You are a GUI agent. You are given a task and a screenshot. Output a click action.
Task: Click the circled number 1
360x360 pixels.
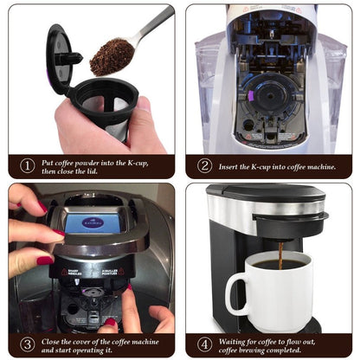pyautogui.click(x=28, y=166)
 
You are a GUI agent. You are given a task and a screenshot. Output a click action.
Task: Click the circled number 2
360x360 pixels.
pyautogui.click(x=205, y=166)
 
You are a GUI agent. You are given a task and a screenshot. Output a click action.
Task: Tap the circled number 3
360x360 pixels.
pyautogui.click(x=28, y=344)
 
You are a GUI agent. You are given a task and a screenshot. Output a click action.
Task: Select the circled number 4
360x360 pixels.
pyautogui.click(x=205, y=344)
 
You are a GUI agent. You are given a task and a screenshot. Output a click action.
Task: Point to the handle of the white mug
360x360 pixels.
pyautogui.click(x=235, y=294)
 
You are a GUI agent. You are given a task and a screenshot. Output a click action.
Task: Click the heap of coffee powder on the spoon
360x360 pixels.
pyautogui.click(x=112, y=56)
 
